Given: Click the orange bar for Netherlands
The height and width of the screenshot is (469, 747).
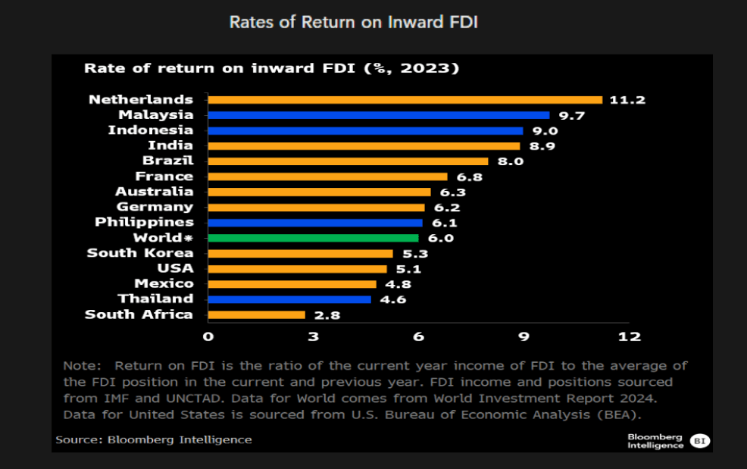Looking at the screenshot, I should [405, 99].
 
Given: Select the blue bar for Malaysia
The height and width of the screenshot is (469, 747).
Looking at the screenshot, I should [378, 115].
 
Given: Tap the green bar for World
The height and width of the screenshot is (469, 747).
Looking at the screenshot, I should [312, 238].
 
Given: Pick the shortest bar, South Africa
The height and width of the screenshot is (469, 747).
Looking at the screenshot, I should [256, 314].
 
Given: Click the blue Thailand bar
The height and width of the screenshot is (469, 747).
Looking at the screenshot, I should [289, 299].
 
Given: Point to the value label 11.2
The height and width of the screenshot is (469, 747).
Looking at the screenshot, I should [627, 100].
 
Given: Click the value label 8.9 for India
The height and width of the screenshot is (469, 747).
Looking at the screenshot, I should [542, 145].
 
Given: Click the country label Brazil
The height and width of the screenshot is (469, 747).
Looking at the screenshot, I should [167, 161].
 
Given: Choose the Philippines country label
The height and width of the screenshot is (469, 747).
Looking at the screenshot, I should [144, 222].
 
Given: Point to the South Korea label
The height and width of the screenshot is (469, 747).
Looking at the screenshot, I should [140, 253].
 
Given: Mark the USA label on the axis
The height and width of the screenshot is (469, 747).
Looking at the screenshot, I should [175, 268].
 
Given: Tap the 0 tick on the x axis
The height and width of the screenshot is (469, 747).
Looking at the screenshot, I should [208, 336].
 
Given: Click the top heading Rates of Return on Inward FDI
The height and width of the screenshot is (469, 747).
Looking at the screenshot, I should [354, 22].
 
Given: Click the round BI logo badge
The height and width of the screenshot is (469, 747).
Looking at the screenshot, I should [701, 441].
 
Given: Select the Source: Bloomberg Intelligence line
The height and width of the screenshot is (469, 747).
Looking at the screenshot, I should [154, 439].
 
